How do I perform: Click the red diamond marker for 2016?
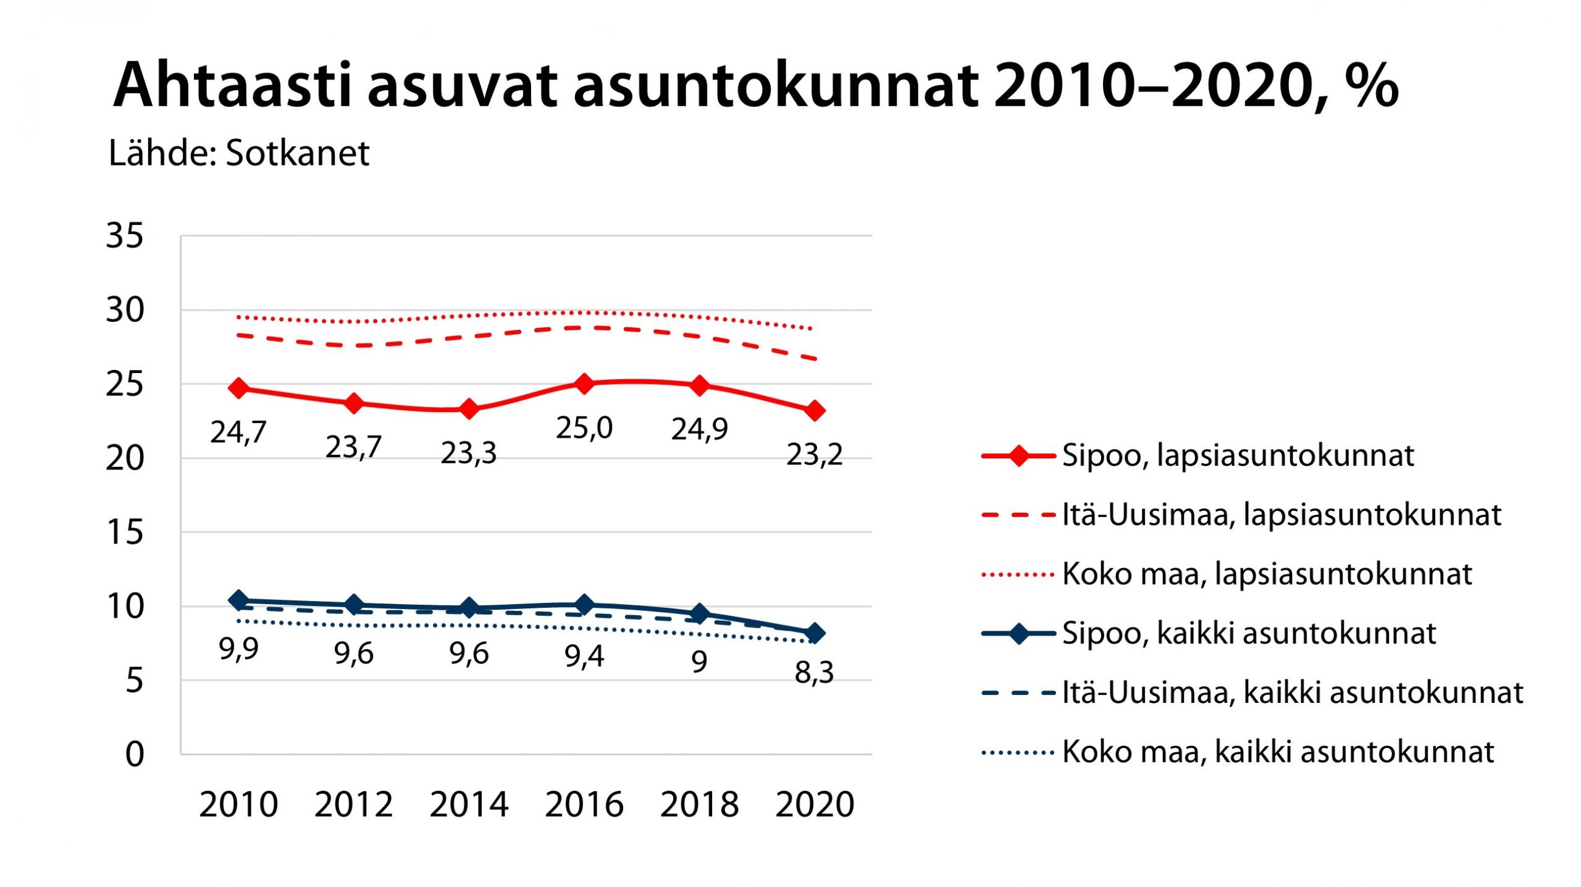click(584, 384)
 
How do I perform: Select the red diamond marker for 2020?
click(815, 410)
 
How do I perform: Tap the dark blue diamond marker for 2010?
click(238, 600)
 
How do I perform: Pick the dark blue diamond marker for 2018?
click(699, 613)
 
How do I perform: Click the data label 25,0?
click(584, 428)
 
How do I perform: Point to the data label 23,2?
click(815, 455)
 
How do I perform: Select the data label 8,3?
click(815, 672)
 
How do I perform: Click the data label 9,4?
click(584, 655)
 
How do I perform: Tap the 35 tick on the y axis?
click(125, 235)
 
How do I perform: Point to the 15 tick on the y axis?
click(125, 532)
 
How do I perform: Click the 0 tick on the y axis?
click(135, 754)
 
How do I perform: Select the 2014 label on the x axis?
click(469, 804)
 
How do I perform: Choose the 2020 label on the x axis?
click(815, 804)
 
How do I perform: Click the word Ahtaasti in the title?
click(232, 85)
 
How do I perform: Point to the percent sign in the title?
click(1370, 85)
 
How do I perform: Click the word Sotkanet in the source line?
click(297, 153)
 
